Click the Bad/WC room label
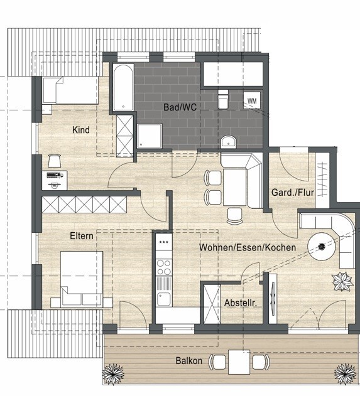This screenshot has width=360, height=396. click(180, 107)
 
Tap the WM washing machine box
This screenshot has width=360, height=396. click(252, 100)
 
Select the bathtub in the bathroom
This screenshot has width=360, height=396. click(123, 87)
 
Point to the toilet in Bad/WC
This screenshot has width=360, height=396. click(223, 99)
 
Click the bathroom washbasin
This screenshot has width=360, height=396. click(228, 142)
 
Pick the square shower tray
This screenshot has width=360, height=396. click(150, 136)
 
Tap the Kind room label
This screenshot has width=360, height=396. click(81, 130)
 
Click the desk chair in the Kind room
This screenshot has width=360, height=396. click(55, 161)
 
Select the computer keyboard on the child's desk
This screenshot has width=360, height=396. click(55, 174)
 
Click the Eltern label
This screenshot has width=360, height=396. click(82, 236)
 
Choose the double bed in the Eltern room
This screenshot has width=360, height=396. click(82, 279)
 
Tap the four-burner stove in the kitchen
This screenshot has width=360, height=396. click(164, 267)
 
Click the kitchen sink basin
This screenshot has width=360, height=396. click(164, 299)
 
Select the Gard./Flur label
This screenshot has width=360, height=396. click(293, 193)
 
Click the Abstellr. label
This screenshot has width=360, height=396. click(241, 303)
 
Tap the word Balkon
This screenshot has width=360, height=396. click(189, 360)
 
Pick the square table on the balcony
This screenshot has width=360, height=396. click(239, 362)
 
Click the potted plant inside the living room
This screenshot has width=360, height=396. click(342, 282)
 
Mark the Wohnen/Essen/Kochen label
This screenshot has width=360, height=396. click(248, 247)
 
